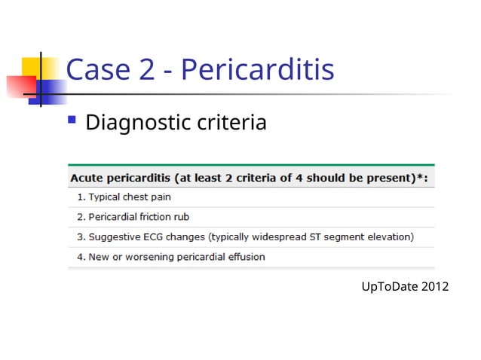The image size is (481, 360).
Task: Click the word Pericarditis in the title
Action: [x=258, y=70]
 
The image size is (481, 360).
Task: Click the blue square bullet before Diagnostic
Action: [x=72, y=119]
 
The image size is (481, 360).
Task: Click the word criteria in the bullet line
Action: [x=228, y=121]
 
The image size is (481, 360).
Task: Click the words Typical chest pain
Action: [x=129, y=197]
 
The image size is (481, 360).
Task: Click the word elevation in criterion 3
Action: [x=389, y=236]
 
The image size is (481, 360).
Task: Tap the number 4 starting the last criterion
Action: [x=80, y=257]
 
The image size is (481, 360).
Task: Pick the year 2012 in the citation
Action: [x=435, y=286]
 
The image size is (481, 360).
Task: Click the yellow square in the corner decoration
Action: [x=33, y=69]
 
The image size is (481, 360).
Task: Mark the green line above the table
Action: [x=251, y=165]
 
